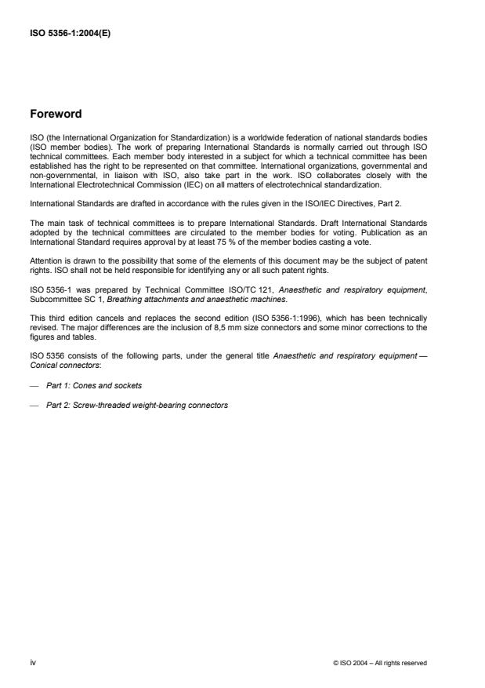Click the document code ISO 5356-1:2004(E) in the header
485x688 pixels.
coord(71,34)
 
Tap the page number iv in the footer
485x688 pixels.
coord(32,662)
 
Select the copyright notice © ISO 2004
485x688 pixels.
coord(380,663)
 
